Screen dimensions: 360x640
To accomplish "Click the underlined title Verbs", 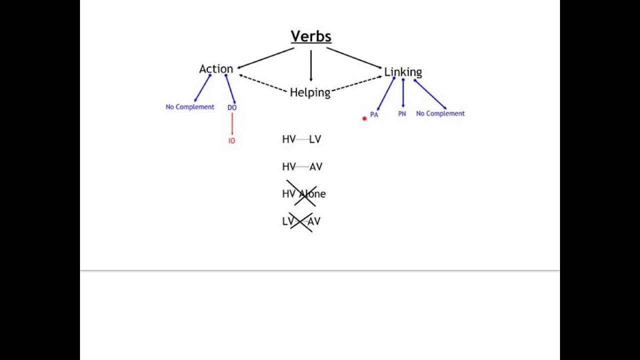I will (311, 36).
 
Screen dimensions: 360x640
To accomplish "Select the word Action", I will (216, 69).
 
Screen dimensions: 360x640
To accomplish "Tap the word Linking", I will (403, 72).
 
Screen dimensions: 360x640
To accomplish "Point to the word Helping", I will (310, 92).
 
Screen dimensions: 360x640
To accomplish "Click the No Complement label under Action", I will (190, 107).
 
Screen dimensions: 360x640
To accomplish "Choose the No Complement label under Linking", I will (440, 113).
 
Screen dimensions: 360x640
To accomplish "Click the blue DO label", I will (232, 107).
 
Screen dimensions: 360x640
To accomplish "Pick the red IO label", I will (231, 141).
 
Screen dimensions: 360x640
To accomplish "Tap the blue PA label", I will (374, 114).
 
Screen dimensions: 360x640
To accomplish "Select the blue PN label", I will (402, 114).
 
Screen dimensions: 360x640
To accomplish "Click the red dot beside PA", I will (364, 118).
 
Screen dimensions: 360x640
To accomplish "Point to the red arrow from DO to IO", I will (232, 124).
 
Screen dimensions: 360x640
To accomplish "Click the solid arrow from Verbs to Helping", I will (311, 65).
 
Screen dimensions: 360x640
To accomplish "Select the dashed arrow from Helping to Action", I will (264, 83).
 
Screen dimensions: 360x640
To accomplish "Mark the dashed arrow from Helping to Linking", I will (356, 83).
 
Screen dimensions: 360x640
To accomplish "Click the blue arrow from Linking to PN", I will (403, 94).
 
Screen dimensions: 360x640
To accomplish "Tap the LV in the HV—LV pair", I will (315, 139).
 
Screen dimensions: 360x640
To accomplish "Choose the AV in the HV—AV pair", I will (316, 167).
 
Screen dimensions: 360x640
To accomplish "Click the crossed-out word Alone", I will (312, 194).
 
